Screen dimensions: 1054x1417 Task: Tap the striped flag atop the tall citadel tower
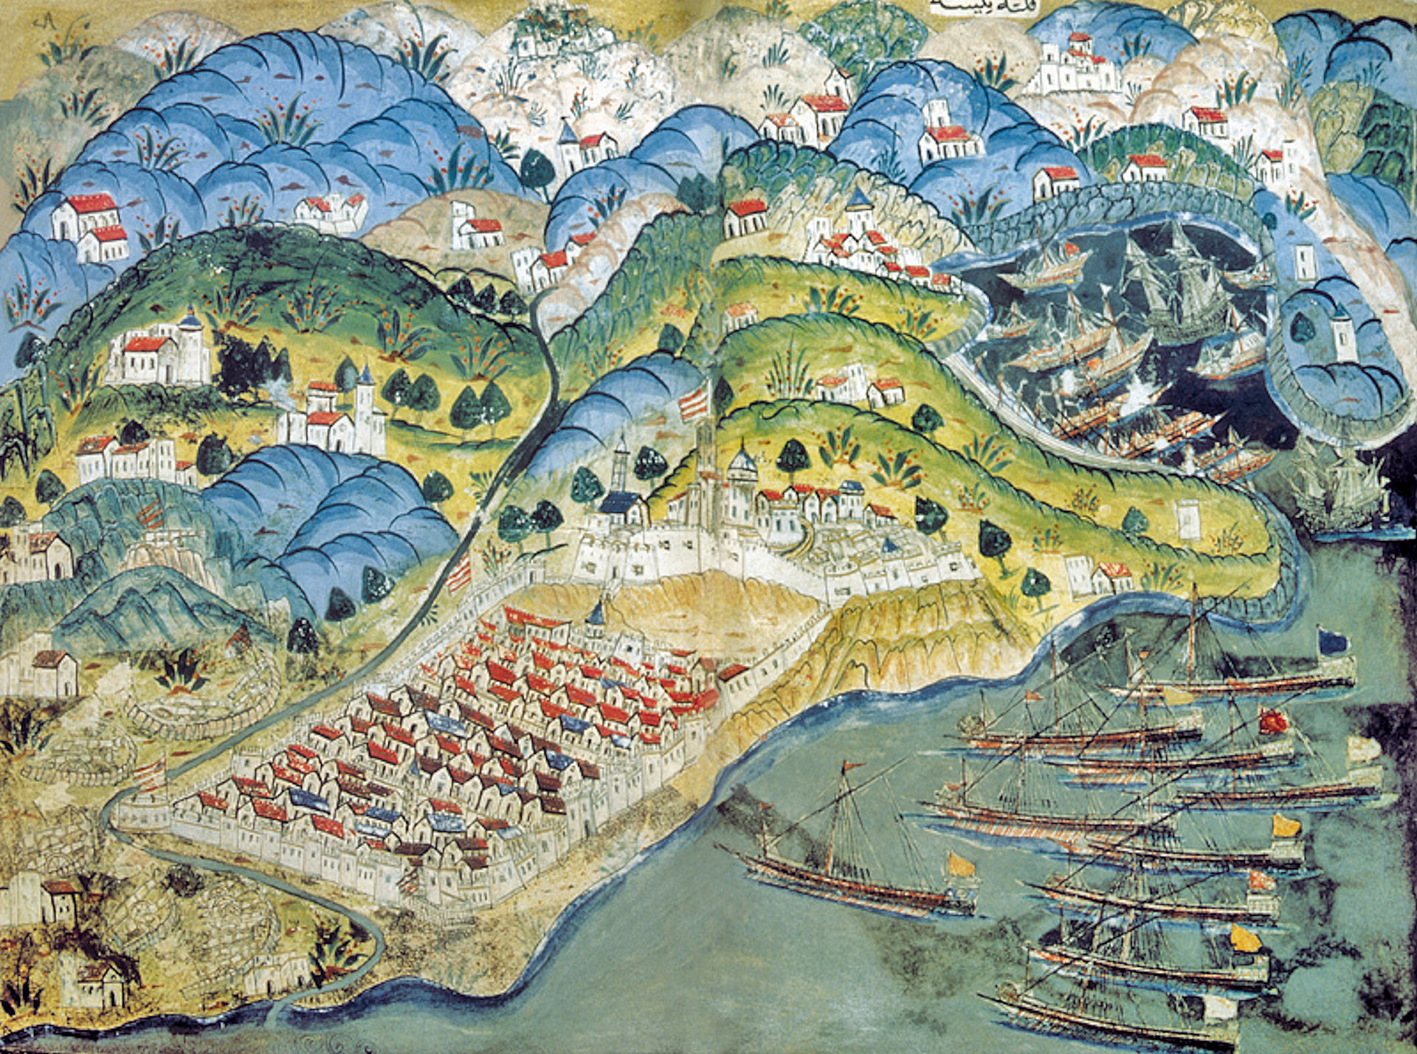[694, 402]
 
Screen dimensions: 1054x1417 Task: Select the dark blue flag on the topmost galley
[1331, 641]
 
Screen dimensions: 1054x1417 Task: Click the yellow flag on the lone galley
[959, 864]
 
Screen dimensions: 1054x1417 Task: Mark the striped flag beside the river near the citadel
[459, 572]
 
